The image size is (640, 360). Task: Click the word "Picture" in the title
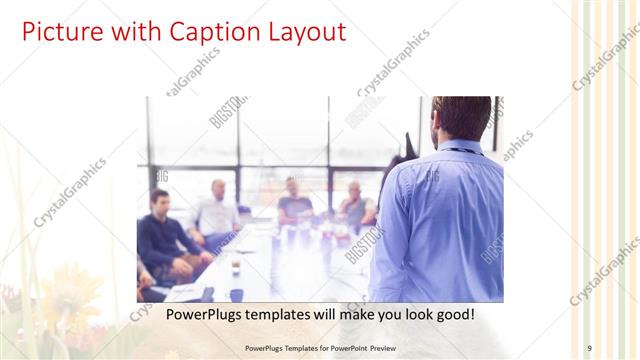coord(59,32)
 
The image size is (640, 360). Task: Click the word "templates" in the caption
coord(278,315)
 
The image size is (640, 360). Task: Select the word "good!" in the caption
coord(451,315)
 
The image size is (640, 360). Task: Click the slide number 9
coord(589,347)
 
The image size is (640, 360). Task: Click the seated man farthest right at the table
coord(355,204)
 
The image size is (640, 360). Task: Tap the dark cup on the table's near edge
coord(237,294)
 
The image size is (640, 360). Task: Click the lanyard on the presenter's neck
coord(461,151)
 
